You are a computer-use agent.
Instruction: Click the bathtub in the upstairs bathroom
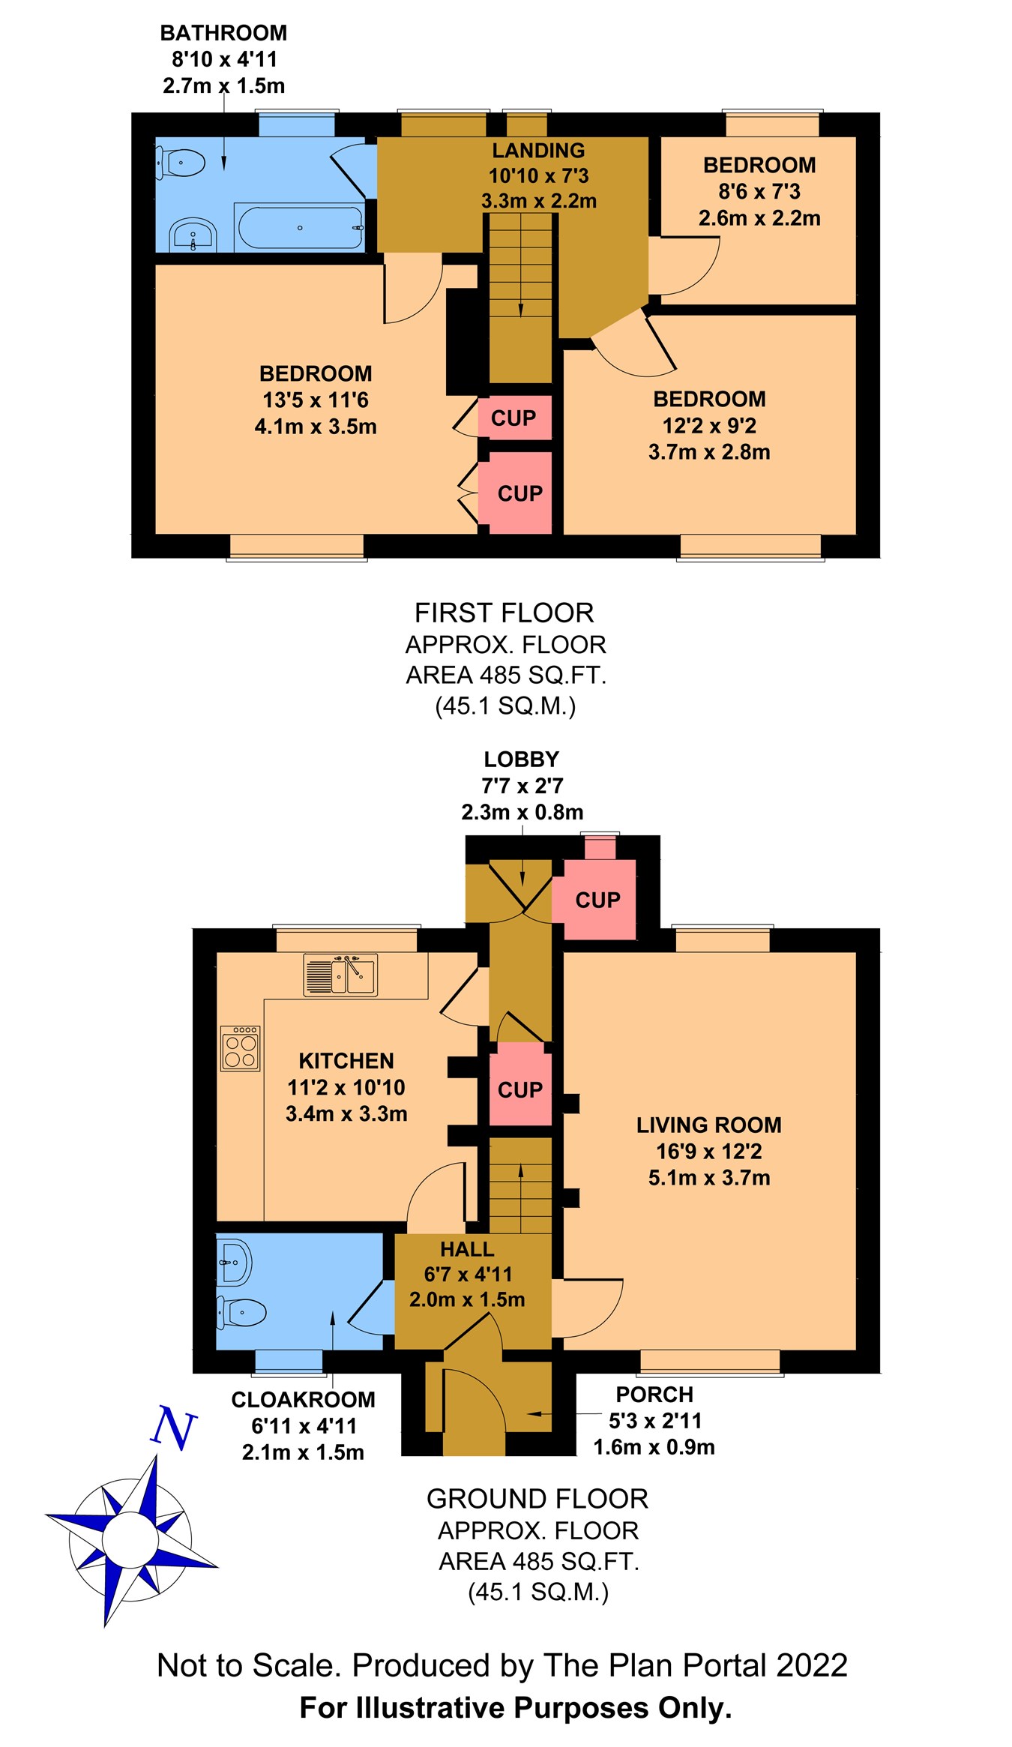[300, 227]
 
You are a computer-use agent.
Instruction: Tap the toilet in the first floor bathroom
[180, 163]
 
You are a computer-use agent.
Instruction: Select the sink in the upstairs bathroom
[193, 235]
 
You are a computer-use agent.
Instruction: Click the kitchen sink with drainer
[340, 974]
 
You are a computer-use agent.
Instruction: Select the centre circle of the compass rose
[130, 1539]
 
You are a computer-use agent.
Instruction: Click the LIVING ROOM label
[708, 1125]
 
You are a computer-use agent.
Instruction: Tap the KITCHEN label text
[346, 1061]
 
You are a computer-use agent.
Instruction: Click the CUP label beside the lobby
[597, 900]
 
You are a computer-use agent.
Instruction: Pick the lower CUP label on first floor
[519, 493]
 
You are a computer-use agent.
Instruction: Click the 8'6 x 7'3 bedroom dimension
[759, 191]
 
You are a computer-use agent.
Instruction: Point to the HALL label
[467, 1249]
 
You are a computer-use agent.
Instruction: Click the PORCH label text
[654, 1395]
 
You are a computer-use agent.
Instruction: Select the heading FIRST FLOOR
[504, 613]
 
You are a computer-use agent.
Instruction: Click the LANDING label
[538, 150]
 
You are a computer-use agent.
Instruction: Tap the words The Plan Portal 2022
[695, 1665]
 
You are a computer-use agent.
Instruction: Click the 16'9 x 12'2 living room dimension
[708, 1151]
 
